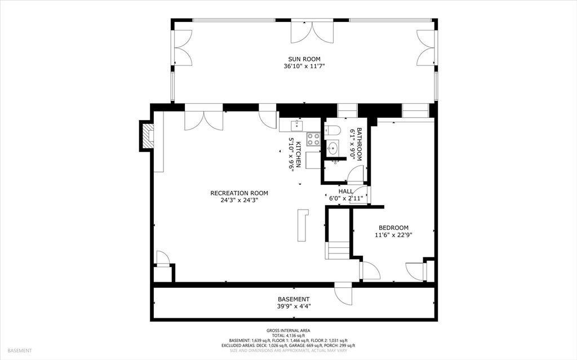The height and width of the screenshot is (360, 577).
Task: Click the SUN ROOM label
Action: [304, 59]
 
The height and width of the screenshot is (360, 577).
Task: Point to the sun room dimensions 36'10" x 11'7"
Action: [304, 66]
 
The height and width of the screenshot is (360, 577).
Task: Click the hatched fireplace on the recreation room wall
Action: [147, 136]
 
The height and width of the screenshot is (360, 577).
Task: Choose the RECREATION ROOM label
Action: [239, 193]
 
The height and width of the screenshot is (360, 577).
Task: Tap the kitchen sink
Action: [294, 126]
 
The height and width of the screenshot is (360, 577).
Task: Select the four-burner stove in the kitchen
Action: [313, 139]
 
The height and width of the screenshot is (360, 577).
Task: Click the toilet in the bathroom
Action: [333, 131]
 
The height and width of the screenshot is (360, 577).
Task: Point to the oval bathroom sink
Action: [332, 149]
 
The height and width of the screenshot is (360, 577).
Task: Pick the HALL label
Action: [345, 191]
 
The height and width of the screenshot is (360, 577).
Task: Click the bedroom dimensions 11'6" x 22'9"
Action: [393, 235]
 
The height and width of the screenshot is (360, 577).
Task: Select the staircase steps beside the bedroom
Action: [338, 250]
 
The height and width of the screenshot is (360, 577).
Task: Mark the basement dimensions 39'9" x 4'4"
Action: [293, 306]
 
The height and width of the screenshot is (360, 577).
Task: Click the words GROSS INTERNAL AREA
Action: [288, 331]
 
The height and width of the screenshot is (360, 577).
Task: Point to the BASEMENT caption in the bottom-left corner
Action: [20, 351]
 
